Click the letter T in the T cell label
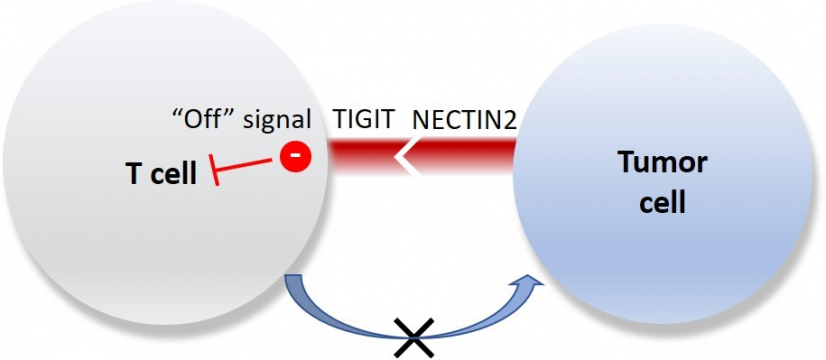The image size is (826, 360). [132, 172]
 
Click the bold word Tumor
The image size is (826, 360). [662, 163]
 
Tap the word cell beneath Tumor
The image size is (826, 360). [662, 203]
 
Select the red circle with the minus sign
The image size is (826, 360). [293, 158]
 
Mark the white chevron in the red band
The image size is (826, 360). [404, 156]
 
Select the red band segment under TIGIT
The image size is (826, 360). [360, 156]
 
